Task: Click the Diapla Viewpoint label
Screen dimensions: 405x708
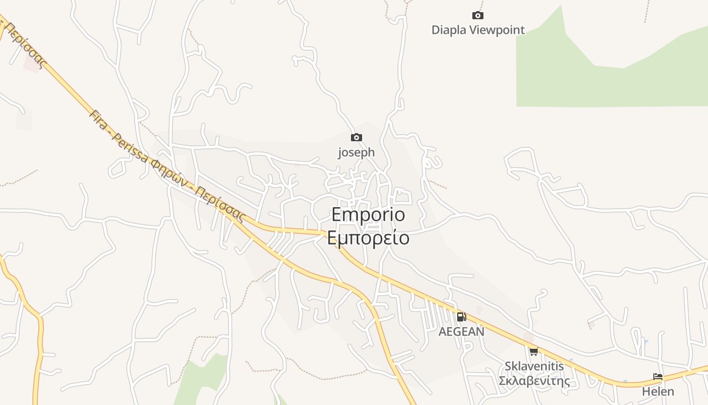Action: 478,30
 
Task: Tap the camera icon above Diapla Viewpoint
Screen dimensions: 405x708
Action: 477,16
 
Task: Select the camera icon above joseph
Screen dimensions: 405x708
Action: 357,137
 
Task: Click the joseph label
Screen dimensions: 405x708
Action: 357,152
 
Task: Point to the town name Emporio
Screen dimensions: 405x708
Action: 368,215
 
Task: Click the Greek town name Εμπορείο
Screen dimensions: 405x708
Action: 368,237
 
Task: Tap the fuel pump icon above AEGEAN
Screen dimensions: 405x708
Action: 461,317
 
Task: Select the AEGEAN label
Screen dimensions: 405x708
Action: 461,332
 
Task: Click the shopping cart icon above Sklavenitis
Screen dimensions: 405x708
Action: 534,351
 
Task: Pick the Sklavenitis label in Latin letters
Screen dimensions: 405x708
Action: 534,366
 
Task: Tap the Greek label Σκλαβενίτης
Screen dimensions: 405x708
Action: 534,381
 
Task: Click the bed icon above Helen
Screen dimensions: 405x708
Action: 658,377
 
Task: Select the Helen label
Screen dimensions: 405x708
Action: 658,391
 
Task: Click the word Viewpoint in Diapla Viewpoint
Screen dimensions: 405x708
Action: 498,30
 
